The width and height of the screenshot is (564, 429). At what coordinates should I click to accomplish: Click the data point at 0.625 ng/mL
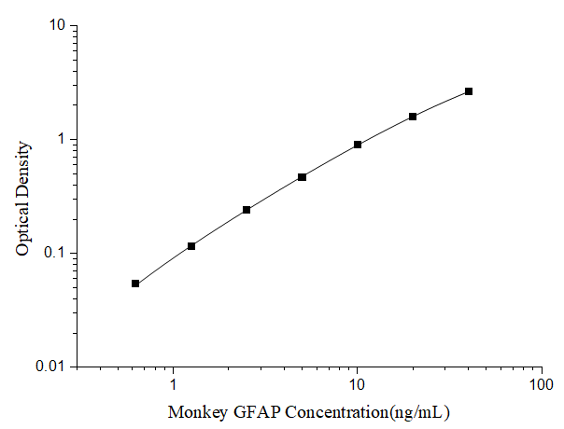(135, 284)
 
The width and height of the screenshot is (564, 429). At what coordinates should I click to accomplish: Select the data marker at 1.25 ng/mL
(191, 246)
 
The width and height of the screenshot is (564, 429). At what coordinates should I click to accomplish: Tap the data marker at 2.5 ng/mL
(247, 210)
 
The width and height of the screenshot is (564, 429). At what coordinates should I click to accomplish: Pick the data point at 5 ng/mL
(302, 176)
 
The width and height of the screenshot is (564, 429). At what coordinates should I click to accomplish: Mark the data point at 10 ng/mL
(358, 145)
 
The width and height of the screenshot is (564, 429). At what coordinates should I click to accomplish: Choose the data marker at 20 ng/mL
(413, 117)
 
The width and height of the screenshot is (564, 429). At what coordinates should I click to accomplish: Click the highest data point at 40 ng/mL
(469, 91)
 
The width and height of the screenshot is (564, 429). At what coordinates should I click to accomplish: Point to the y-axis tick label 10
(57, 25)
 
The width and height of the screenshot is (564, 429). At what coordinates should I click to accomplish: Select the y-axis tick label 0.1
(55, 253)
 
